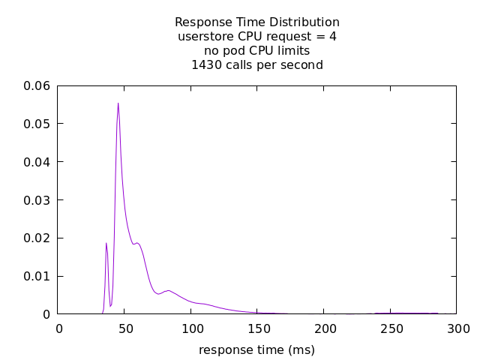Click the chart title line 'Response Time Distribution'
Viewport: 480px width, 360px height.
(x=257, y=22)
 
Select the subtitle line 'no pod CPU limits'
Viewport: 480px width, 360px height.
(x=257, y=51)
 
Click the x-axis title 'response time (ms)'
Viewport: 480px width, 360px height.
(x=256, y=349)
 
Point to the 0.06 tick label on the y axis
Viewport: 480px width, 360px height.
(x=37, y=85)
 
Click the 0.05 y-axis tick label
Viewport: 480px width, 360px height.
(x=37, y=124)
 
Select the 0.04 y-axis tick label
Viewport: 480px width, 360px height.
(x=37, y=162)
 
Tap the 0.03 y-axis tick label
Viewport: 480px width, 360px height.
(x=37, y=200)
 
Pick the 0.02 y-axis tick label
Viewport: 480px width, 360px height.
(x=37, y=238)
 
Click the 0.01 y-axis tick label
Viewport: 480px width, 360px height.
(x=37, y=277)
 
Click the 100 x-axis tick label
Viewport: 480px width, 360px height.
(x=191, y=328)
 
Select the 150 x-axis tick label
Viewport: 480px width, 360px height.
(x=258, y=328)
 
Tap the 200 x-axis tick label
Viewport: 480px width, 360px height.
(x=324, y=328)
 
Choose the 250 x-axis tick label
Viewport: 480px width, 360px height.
(x=391, y=328)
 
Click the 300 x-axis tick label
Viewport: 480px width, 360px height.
(x=457, y=328)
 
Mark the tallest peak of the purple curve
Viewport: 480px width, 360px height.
(x=118, y=103)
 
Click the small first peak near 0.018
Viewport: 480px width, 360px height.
(x=106, y=243)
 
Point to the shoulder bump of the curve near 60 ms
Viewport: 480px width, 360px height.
(x=138, y=243)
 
